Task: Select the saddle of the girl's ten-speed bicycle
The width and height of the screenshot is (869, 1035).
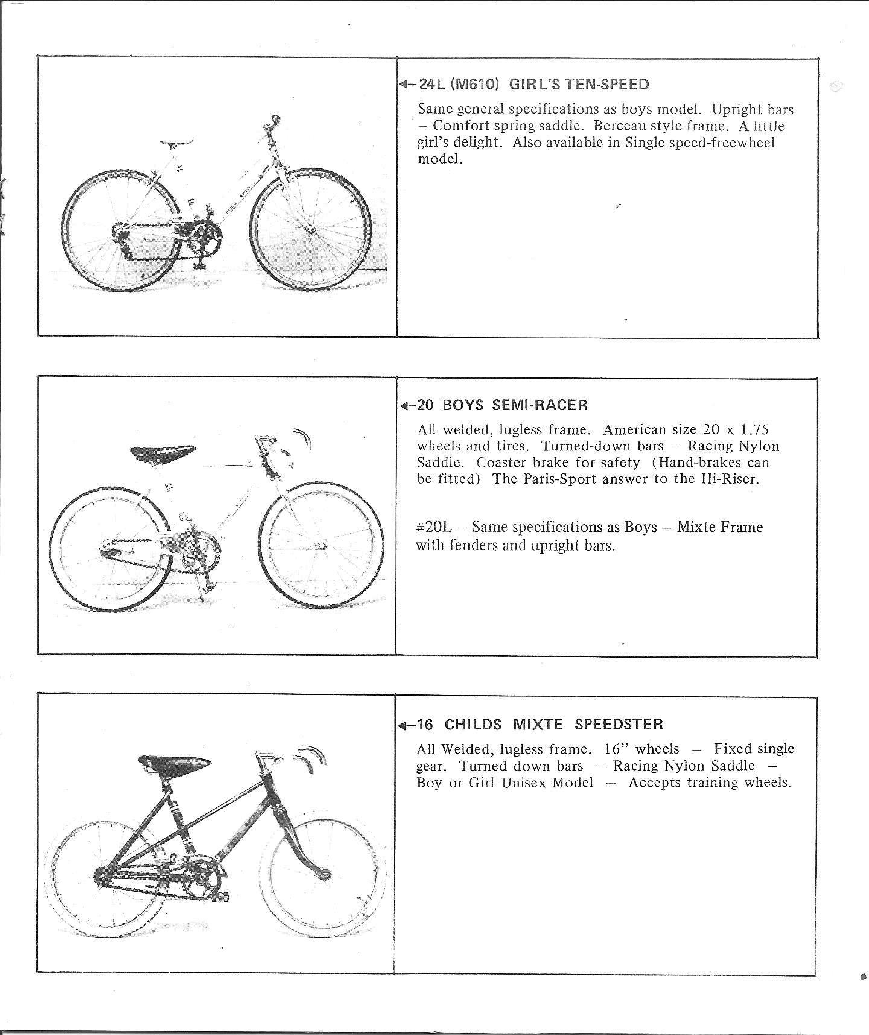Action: [176, 143]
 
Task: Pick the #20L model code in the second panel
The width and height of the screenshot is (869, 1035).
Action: [434, 527]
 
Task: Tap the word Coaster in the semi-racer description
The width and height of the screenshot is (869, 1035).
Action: [501, 463]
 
